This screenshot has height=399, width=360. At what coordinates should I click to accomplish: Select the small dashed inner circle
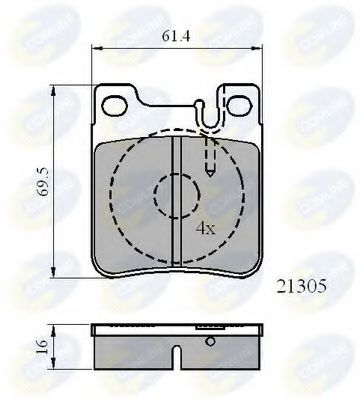click(x=175, y=194)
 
